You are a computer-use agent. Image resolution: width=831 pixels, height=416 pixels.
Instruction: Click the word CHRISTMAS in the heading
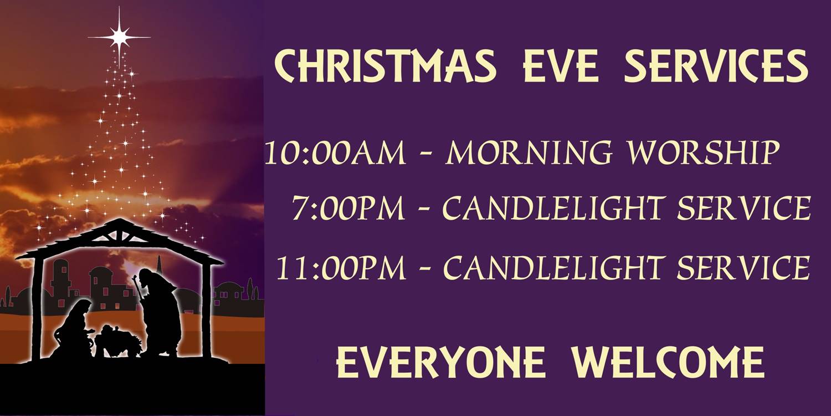click(x=385, y=67)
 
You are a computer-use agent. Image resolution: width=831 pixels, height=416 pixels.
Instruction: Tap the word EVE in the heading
click(x=561, y=67)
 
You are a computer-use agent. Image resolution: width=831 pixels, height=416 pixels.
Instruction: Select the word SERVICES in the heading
click(x=716, y=67)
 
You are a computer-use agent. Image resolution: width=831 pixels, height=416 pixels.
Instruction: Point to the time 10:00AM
click(x=335, y=153)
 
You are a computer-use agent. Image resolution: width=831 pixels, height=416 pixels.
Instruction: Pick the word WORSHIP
click(x=702, y=153)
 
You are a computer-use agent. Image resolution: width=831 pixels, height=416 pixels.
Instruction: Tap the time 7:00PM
click(x=347, y=208)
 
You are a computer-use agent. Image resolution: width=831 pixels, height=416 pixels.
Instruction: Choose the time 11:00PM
click(x=341, y=268)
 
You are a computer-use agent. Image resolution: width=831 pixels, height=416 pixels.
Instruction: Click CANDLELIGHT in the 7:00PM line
click(x=553, y=208)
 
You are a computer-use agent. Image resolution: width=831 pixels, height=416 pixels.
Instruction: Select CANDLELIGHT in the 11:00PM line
click(x=553, y=268)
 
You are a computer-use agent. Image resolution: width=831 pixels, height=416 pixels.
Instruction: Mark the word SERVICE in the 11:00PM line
click(x=743, y=268)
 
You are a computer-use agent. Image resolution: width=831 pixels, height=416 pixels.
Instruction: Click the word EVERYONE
click(x=441, y=362)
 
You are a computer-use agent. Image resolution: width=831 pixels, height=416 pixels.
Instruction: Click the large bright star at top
click(x=119, y=37)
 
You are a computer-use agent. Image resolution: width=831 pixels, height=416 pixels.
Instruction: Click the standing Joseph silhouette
click(x=159, y=312)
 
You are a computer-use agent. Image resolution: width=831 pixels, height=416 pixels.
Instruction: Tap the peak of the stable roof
click(x=119, y=219)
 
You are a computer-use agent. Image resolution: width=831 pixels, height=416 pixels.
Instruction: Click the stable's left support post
click(x=37, y=309)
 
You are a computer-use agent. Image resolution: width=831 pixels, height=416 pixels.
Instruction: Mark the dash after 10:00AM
click(x=425, y=154)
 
